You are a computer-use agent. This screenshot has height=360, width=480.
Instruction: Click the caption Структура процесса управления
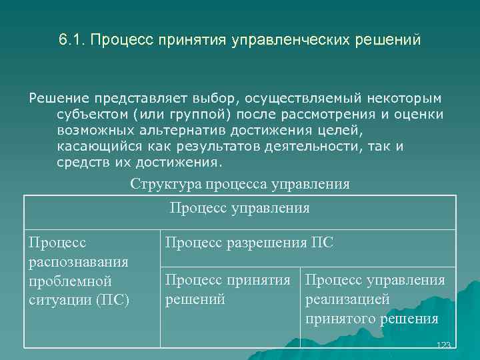click(x=240, y=183)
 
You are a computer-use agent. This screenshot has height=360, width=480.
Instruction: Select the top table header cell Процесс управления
click(x=240, y=208)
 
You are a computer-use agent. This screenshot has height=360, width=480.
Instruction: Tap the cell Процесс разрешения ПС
click(x=249, y=243)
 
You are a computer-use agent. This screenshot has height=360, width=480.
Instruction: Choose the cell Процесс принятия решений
click(x=227, y=289)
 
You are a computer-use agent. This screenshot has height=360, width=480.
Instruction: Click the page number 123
click(x=443, y=344)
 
